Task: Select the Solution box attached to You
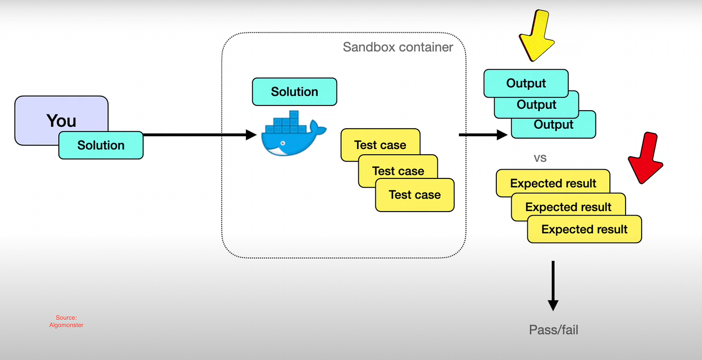point(101,145)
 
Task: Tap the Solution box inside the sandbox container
point(294,92)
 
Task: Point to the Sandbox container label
point(398,48)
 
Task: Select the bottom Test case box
point(415,196)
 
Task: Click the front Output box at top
point(526,83)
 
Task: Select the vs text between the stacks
point(540,158)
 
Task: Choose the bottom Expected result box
point(584,230)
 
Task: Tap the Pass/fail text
point(553,329)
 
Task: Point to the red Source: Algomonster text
point(66,321)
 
